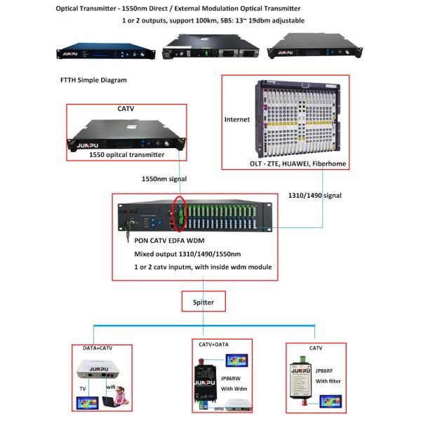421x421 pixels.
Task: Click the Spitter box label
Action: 202,302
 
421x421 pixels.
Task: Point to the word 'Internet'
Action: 237,119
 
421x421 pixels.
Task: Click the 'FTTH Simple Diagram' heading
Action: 94,80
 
